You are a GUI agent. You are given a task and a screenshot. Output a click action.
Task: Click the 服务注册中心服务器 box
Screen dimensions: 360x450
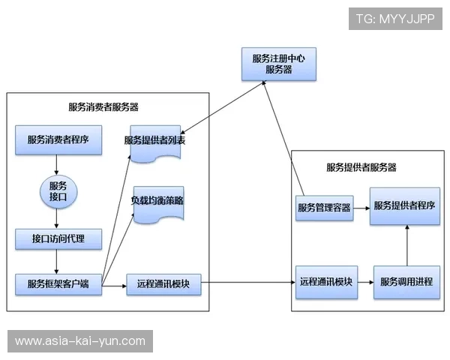coord(278,64)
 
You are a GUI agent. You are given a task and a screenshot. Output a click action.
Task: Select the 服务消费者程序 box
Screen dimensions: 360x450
coord(58,140)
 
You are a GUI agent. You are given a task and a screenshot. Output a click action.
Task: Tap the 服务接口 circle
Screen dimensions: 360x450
coord(58,190)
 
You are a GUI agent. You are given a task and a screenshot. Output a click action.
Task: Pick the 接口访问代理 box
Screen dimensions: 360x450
coord(58,239)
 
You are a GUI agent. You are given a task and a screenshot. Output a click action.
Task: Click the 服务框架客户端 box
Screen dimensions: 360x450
coord(58,284)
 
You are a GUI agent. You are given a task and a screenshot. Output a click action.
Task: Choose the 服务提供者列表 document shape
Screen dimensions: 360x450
coord(156,141)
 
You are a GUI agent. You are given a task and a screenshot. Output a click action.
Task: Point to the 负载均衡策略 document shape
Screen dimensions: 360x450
coord(158,202)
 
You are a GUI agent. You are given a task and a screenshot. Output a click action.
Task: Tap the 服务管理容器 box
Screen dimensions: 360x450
coord(324,207)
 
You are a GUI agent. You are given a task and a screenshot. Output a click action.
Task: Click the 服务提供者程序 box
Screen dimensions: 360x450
coord(405,206)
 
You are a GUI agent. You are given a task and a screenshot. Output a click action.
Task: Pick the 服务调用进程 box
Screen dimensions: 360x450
coord(406,282)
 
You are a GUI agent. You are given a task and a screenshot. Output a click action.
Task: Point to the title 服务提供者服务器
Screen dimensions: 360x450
coord(361,167)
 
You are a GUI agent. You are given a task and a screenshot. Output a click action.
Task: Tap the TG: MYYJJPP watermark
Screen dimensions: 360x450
coord(395,19)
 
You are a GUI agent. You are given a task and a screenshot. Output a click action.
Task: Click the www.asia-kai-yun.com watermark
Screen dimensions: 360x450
coord(80,341)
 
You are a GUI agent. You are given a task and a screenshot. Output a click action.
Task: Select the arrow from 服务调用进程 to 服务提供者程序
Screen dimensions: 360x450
coord(406,244)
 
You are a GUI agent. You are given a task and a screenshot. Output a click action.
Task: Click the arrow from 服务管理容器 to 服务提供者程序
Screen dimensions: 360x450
coord(361,207)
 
